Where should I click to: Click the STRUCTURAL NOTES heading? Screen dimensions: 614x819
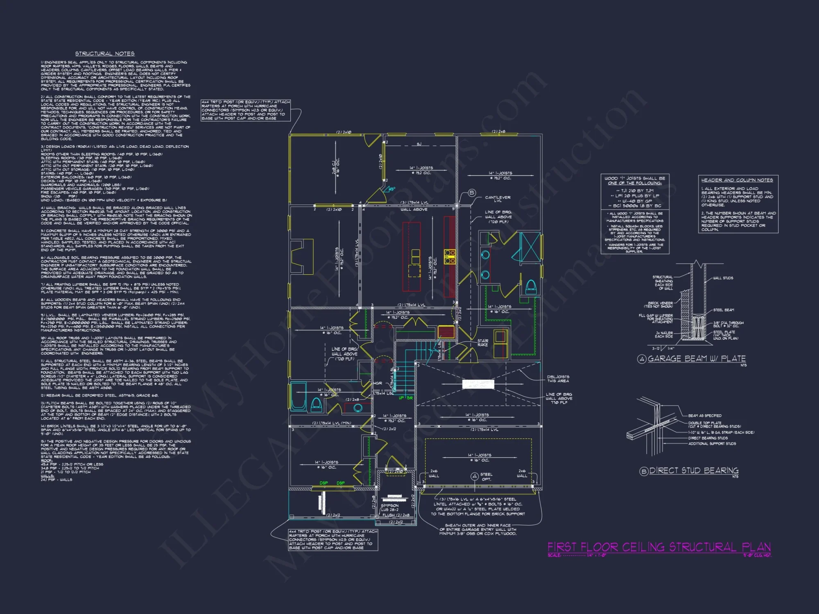click(105, 54)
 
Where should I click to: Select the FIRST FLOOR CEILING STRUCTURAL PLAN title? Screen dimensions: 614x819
click(659, 547)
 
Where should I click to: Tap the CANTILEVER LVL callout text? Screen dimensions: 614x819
click(498, 199)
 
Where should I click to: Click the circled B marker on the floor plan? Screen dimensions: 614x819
click(472, 193)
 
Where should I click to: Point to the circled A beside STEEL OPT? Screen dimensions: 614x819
click(474, 476)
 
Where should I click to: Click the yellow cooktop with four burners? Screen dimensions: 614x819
click(450, 257)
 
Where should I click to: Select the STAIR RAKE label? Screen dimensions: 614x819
click(482, 343)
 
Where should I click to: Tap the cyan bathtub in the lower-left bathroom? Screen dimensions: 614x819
click(298, 396)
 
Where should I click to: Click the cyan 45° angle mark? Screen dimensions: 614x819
click(391, 189)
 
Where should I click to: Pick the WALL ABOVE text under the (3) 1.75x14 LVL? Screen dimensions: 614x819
click(414, 210)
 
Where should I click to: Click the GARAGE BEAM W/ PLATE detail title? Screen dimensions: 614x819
click(696, 359)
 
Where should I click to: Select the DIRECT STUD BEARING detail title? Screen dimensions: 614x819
click(694, 471)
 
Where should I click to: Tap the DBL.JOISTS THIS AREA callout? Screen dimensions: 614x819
click(558, 379)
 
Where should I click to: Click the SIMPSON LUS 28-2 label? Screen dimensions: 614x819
click(389, 508)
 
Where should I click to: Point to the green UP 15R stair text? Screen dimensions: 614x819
click(405, 398)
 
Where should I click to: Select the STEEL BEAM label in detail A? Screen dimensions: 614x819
click(724, 310)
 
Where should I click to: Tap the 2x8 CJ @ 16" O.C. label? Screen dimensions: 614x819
click(336, 166)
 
